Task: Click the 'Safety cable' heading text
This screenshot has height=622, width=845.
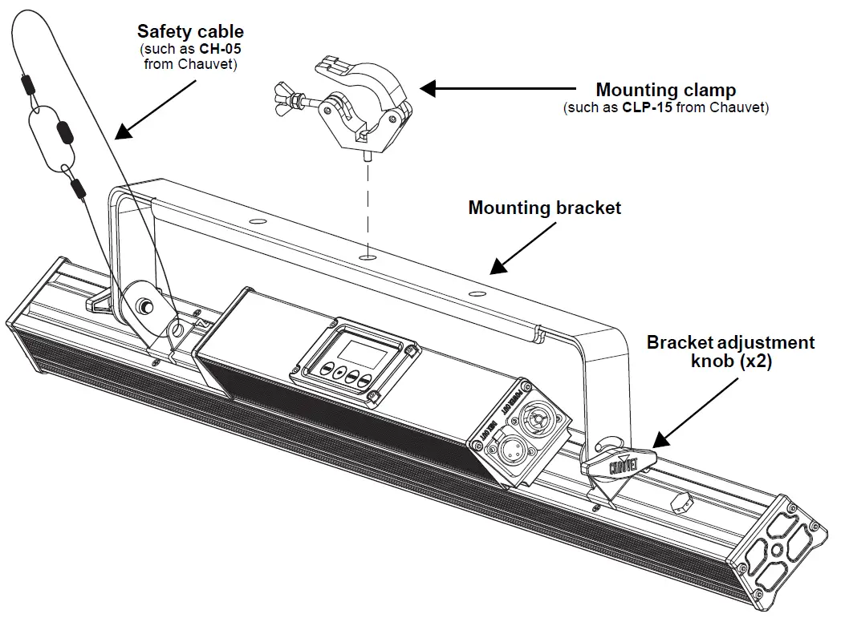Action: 189,32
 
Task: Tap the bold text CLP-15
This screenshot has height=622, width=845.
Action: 648,107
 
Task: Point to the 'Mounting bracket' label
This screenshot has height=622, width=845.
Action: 544,208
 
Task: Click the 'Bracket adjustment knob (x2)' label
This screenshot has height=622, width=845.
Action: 730,351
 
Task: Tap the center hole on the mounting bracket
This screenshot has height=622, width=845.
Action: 368,256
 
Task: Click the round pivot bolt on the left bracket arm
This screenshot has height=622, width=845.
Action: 146,305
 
